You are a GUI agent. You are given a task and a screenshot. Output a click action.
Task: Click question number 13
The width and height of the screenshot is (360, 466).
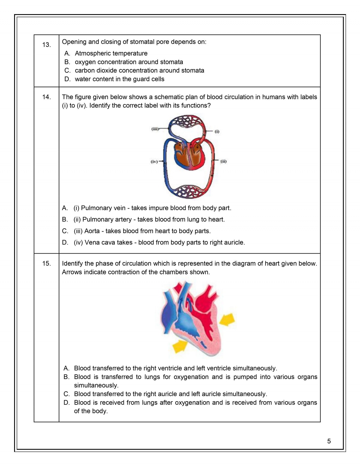pos(46,45)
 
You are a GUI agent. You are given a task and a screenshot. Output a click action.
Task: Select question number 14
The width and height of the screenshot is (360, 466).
pos(46,97)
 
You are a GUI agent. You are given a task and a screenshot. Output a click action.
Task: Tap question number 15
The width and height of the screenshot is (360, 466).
pos(46,263)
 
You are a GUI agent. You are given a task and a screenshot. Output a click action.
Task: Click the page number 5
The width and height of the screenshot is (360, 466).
pos(329,441)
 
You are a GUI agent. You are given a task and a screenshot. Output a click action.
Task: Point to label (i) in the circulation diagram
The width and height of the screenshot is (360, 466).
pos(217,131)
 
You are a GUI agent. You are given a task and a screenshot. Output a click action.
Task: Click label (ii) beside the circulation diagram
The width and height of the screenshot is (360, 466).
pos(223,161)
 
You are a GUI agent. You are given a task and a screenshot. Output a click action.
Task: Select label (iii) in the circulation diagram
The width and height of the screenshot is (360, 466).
pos(155,129)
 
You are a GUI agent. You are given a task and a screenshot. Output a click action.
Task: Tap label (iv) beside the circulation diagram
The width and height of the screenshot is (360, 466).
pos(154,161)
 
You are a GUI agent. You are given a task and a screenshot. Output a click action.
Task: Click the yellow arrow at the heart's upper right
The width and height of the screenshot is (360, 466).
pos(227,319)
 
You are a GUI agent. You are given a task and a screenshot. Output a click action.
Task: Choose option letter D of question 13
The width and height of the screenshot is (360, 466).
pos(67,79)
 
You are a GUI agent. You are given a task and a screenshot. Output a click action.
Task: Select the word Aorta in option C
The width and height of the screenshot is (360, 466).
pos(92,231)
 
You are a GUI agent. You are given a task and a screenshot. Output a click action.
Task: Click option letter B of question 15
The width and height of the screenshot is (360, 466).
pos(66,377)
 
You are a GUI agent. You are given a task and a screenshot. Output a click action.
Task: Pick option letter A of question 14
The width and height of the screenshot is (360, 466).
pos(65,208)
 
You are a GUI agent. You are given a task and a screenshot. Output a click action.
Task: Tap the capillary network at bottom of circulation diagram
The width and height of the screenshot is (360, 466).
pos(187,191)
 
